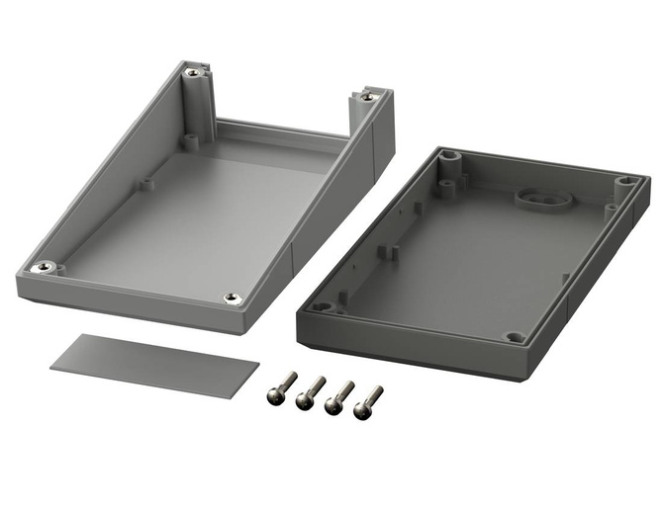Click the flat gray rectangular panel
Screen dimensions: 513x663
click(x=148, y=365)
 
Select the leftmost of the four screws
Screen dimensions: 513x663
click(x=283, y=387)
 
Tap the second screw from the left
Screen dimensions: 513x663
click(x=312, y=390)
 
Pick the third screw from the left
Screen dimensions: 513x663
click(x=341, y=393)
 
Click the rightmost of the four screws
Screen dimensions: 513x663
click(x=371, y=396)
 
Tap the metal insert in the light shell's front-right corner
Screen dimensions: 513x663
click(x=232, y=298)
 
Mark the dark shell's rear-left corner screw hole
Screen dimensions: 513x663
click(x=451, y=157)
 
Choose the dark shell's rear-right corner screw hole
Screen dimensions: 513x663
click(x=626, y=182)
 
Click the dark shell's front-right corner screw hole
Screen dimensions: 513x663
click(x=515, y=337)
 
